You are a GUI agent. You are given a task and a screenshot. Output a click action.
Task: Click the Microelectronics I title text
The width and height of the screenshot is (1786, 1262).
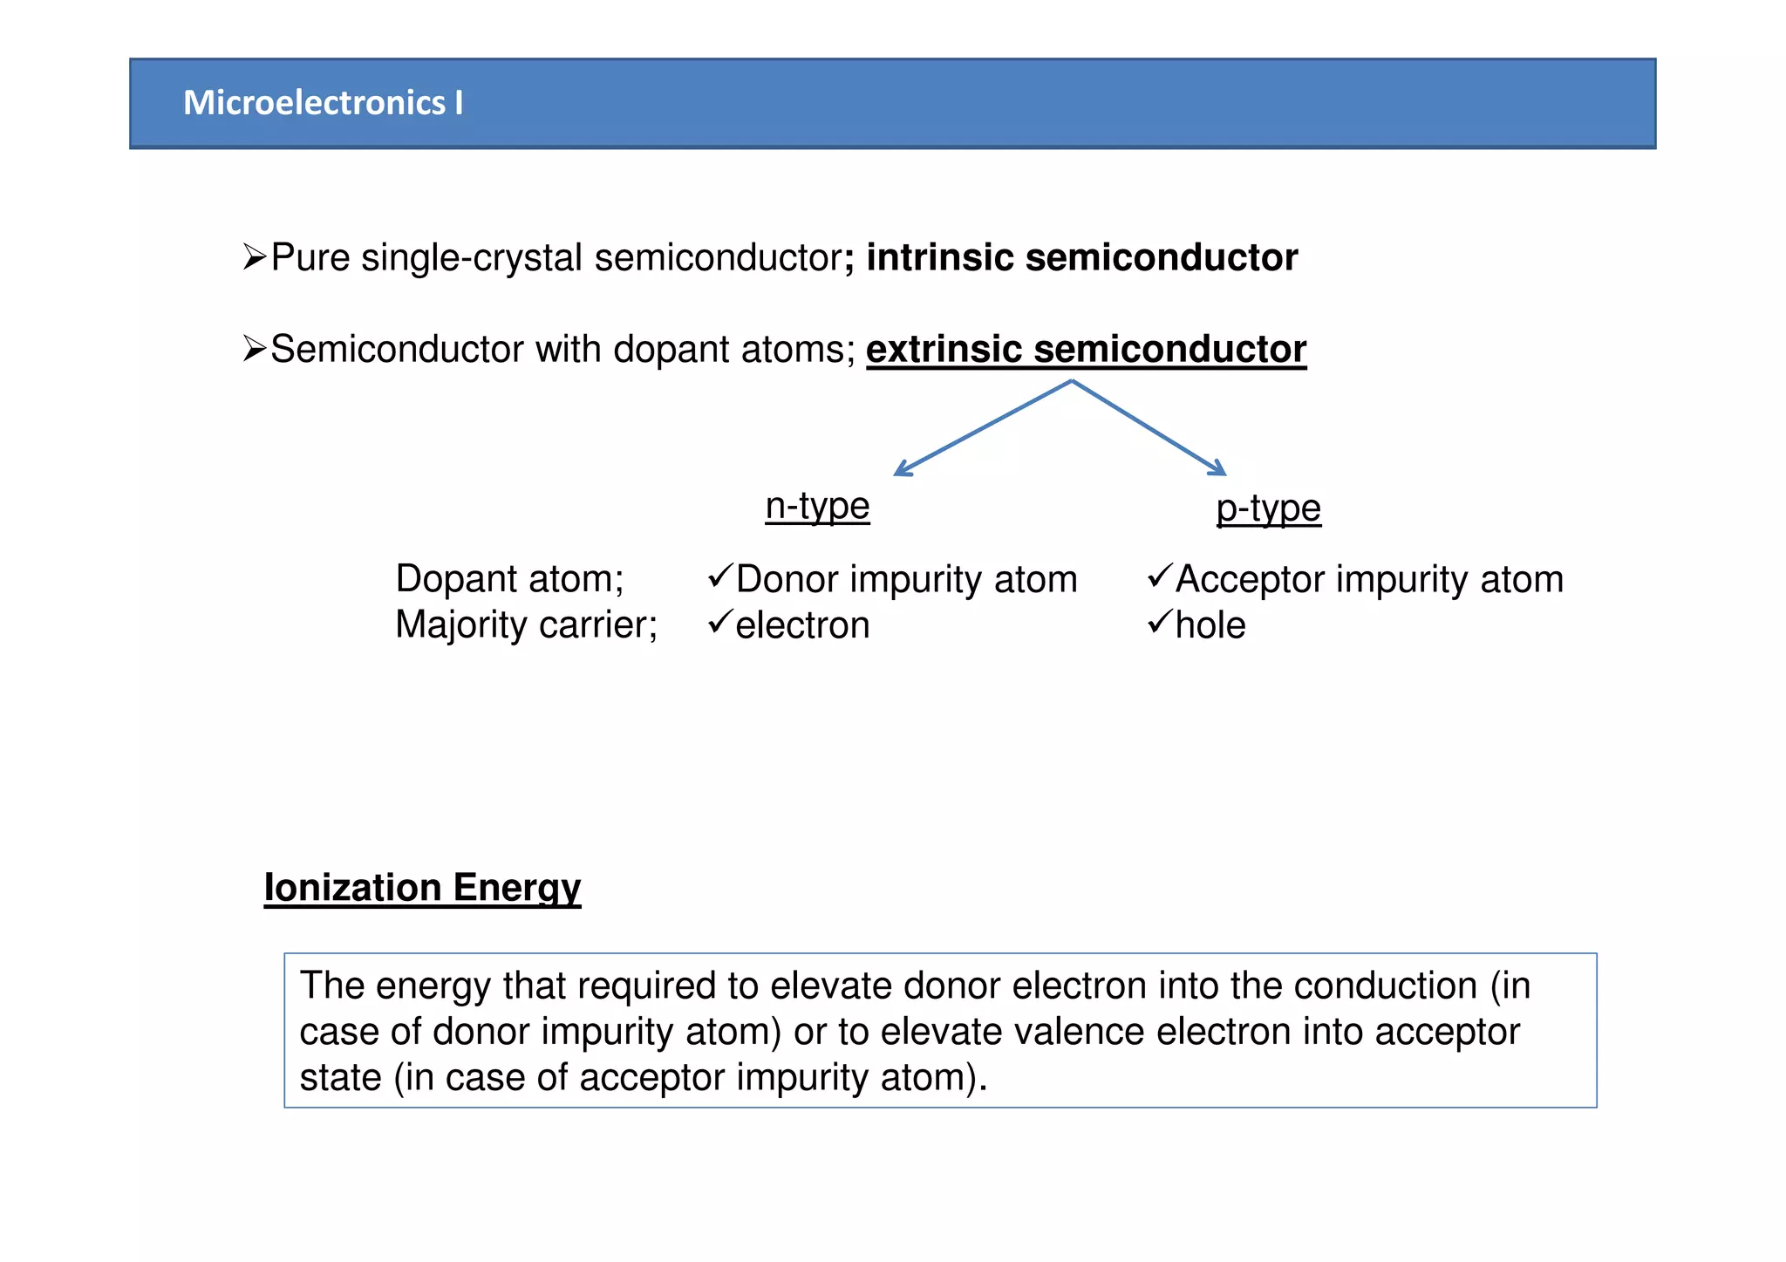tap(323, 103)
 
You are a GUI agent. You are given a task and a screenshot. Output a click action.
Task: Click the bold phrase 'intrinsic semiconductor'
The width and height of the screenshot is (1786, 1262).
tap(1081, 258)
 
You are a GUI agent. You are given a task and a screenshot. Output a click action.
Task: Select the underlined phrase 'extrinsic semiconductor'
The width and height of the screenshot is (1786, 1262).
tap(1086, 350)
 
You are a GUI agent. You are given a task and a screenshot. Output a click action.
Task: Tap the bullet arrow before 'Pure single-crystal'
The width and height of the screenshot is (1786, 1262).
tap(254, 257)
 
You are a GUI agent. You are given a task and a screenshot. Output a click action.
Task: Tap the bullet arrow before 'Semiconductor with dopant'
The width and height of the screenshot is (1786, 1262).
tap(254, 349)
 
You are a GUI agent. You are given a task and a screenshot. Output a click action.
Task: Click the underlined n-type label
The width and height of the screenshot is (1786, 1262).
tap(817, 507)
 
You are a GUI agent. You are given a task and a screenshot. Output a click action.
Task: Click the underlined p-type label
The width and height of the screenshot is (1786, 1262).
tap(1268, 508)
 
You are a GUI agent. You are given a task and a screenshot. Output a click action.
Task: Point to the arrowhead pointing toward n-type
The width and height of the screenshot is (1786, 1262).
tap(902, 470)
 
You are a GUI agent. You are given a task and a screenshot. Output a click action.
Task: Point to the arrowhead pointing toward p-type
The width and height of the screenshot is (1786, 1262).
tap(1218, 469)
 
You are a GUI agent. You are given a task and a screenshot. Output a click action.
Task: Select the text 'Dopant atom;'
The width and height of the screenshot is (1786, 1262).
tap(509, 579)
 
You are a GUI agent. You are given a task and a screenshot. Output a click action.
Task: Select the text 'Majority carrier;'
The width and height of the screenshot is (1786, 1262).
tap(526, 625)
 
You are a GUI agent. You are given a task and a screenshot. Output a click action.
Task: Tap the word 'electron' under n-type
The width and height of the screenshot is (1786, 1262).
tap(802, 626)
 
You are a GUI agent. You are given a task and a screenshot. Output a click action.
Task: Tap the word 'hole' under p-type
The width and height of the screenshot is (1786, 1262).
tap(1210, 626)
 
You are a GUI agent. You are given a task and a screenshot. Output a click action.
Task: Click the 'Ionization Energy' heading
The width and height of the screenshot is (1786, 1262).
tap(422, 888)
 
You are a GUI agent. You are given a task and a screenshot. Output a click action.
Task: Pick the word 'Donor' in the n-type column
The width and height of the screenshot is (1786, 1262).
tap(787, 580)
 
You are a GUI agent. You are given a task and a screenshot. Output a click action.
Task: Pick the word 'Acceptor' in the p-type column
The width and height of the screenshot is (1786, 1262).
tap(1249, 580)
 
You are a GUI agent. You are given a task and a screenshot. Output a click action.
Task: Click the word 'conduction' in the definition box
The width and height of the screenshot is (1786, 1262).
tap(1385, 986)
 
